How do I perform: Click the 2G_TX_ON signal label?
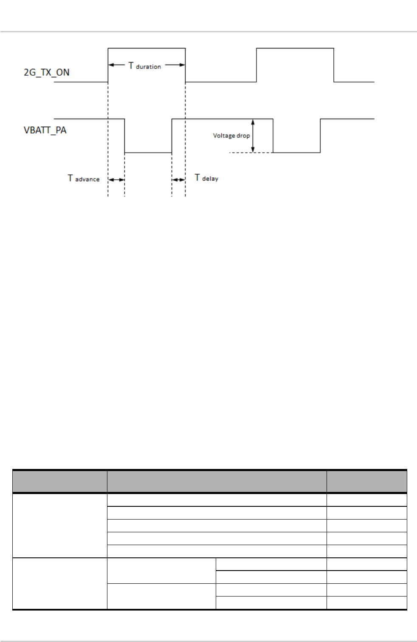[46, 72]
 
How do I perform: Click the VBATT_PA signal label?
[45, 130]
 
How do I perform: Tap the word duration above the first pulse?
[148, 67]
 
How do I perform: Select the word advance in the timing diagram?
[87, 179]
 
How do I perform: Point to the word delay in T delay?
[210, 179]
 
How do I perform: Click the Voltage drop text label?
[231, 136]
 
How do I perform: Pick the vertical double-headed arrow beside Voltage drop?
[253, 136]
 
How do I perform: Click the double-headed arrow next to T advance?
[116, 180]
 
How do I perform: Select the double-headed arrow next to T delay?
[178, 180]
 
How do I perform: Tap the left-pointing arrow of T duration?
[116, 65]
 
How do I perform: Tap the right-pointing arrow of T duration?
[175, 65]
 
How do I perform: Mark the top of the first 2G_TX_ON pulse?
[147, 48]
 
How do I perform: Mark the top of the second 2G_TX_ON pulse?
[295, 48]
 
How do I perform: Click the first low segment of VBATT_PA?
[148, 153]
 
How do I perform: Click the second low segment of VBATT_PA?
[296, 153]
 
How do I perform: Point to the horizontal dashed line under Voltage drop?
[251, 153]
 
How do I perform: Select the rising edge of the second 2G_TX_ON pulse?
[256, 65]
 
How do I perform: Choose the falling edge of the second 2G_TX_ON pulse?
[334, 65]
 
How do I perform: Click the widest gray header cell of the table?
[217, 481]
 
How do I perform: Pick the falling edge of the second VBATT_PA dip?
[273, 136]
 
